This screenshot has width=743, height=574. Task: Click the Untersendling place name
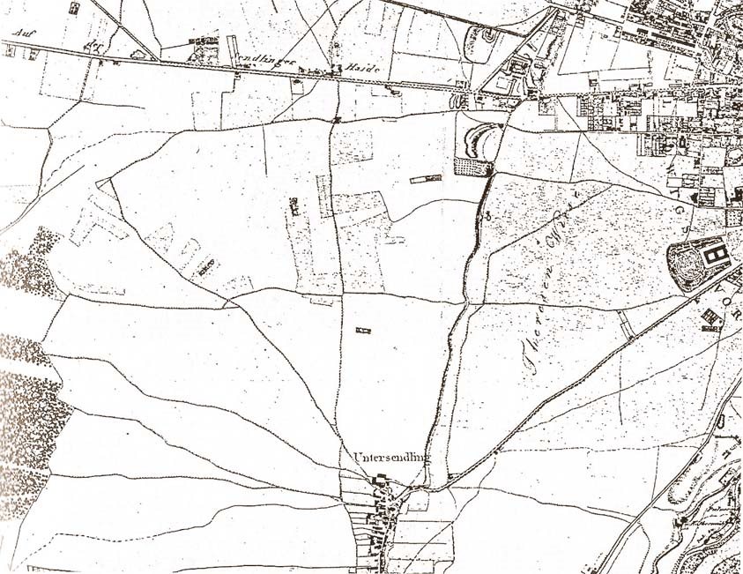coord(390,458)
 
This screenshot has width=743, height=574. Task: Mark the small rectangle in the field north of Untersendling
coord(362,331)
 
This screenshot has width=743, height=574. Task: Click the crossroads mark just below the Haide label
coord(338,117)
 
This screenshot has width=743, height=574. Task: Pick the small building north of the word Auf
coord(74,8)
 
